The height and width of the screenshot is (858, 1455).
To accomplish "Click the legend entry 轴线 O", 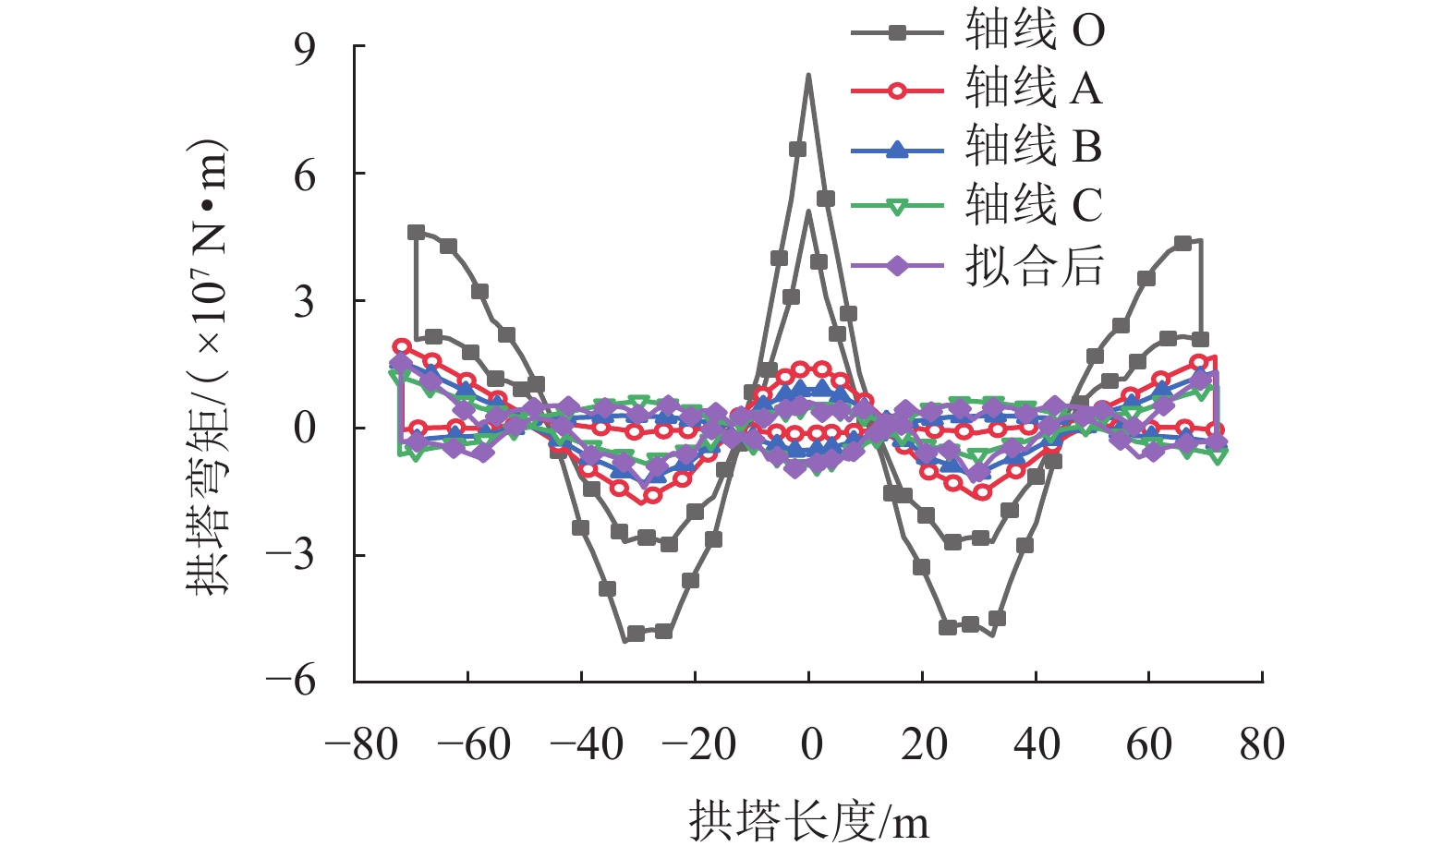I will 1035,31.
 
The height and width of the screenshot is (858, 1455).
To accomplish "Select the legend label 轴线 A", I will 1034,90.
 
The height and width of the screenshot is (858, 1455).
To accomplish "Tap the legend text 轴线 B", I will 1034,148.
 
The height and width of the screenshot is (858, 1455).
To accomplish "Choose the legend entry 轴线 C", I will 1034,205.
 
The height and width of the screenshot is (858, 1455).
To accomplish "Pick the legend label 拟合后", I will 1035,266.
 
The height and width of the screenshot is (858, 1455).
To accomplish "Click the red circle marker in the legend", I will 897,91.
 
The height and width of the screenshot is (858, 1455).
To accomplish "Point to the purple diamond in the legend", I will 897,266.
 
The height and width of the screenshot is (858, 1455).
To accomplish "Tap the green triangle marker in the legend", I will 897,207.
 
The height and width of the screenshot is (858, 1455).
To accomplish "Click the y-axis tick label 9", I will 305,48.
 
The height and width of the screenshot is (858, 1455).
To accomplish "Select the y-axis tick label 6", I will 305,175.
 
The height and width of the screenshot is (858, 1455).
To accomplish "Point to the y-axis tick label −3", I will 291,556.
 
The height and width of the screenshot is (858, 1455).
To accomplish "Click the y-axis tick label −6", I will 291,683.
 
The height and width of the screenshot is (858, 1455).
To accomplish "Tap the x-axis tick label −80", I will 361,744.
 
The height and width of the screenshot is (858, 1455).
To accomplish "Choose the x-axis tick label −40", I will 588,744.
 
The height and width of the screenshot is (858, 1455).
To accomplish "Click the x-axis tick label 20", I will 924,744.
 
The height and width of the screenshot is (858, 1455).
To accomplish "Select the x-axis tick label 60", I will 1148,744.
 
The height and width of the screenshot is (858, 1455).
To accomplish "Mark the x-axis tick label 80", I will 1262,744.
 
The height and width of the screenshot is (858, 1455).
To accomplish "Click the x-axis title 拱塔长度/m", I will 808,821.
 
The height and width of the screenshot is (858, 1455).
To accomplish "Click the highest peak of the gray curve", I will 808,76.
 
